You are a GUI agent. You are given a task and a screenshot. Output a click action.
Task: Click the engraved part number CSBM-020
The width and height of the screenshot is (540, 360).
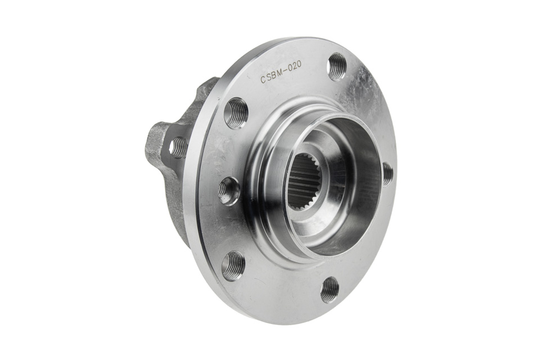point(281,73)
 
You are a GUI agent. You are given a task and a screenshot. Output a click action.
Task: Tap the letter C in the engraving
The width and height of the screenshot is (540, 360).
point(262,80)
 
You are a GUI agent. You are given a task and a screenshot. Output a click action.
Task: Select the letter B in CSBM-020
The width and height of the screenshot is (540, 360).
point(274,76)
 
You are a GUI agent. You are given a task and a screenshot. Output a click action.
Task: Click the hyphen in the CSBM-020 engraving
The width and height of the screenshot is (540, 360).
point(286,71)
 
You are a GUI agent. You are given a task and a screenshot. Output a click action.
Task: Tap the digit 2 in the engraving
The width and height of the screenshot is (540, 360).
point(295,68)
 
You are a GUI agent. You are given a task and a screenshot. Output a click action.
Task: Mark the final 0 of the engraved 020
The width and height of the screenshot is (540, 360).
point(300,66)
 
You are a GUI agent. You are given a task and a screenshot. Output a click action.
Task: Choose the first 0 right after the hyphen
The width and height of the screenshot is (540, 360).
point(290,70)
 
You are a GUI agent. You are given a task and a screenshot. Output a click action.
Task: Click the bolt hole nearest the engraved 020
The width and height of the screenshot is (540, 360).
point(337,66)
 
